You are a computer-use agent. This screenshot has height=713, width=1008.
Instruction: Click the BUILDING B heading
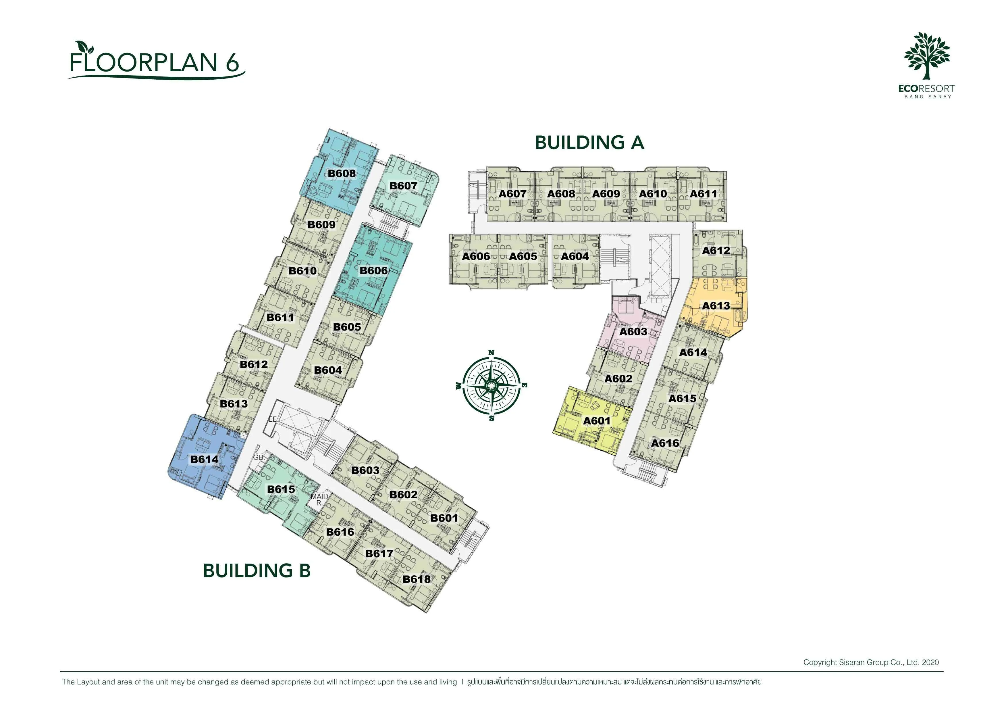coord(257,571)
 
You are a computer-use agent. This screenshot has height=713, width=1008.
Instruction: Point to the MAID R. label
coord(319,499)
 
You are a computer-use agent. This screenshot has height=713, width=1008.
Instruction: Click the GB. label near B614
coord(259,457)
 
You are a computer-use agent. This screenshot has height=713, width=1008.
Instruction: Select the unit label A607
coord(512,194)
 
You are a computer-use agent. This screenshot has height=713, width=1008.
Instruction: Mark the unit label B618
coord(417,579)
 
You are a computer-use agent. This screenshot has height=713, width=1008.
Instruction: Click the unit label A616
coord(665,443)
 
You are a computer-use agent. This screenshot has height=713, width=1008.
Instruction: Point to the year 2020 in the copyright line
coord(930,662)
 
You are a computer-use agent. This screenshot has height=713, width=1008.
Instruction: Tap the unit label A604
coord(575,256)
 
